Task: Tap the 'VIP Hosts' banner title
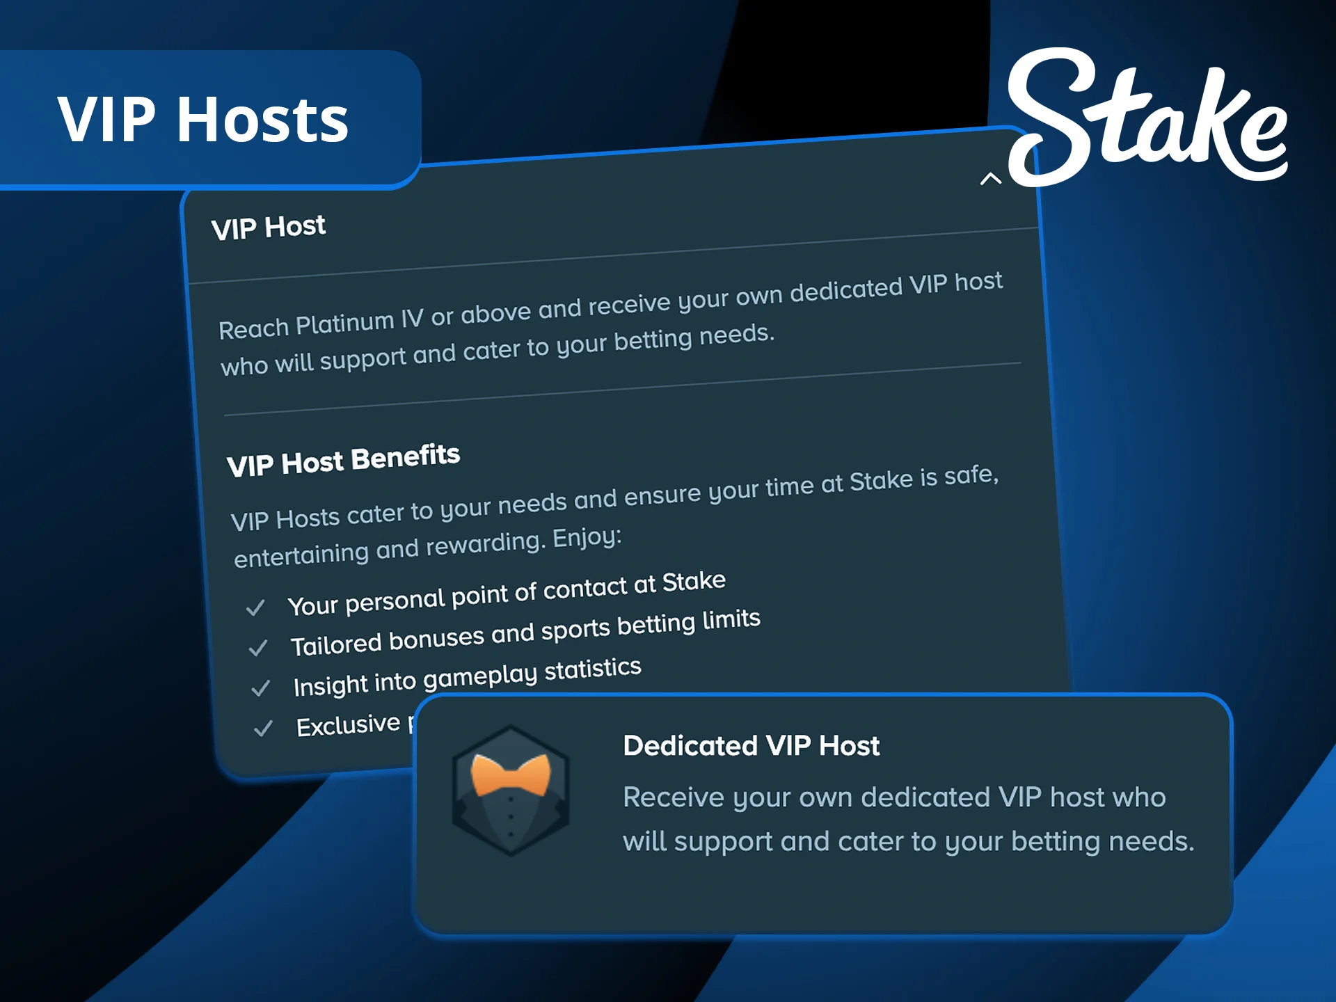(x=202, y=120)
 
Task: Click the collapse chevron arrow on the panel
(x=990, y=179)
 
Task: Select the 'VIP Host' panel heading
(x=269, y=228)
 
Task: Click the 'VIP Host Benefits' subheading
(x=343, y=460)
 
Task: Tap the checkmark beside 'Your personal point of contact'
(x=255, y=607)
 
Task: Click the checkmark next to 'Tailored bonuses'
(x=258, y=648)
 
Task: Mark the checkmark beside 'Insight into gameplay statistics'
(x=261, y=688)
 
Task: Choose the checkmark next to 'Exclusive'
(x=263, y=729)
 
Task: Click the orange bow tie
(x=511, y=775)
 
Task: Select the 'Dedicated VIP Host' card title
(x=751, y=746)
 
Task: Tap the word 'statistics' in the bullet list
(x=592, y=669)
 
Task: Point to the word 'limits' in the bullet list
(x=731, y=619)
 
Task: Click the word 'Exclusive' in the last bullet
(x=348, y=725)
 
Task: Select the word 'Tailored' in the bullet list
(x=335, y=644)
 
